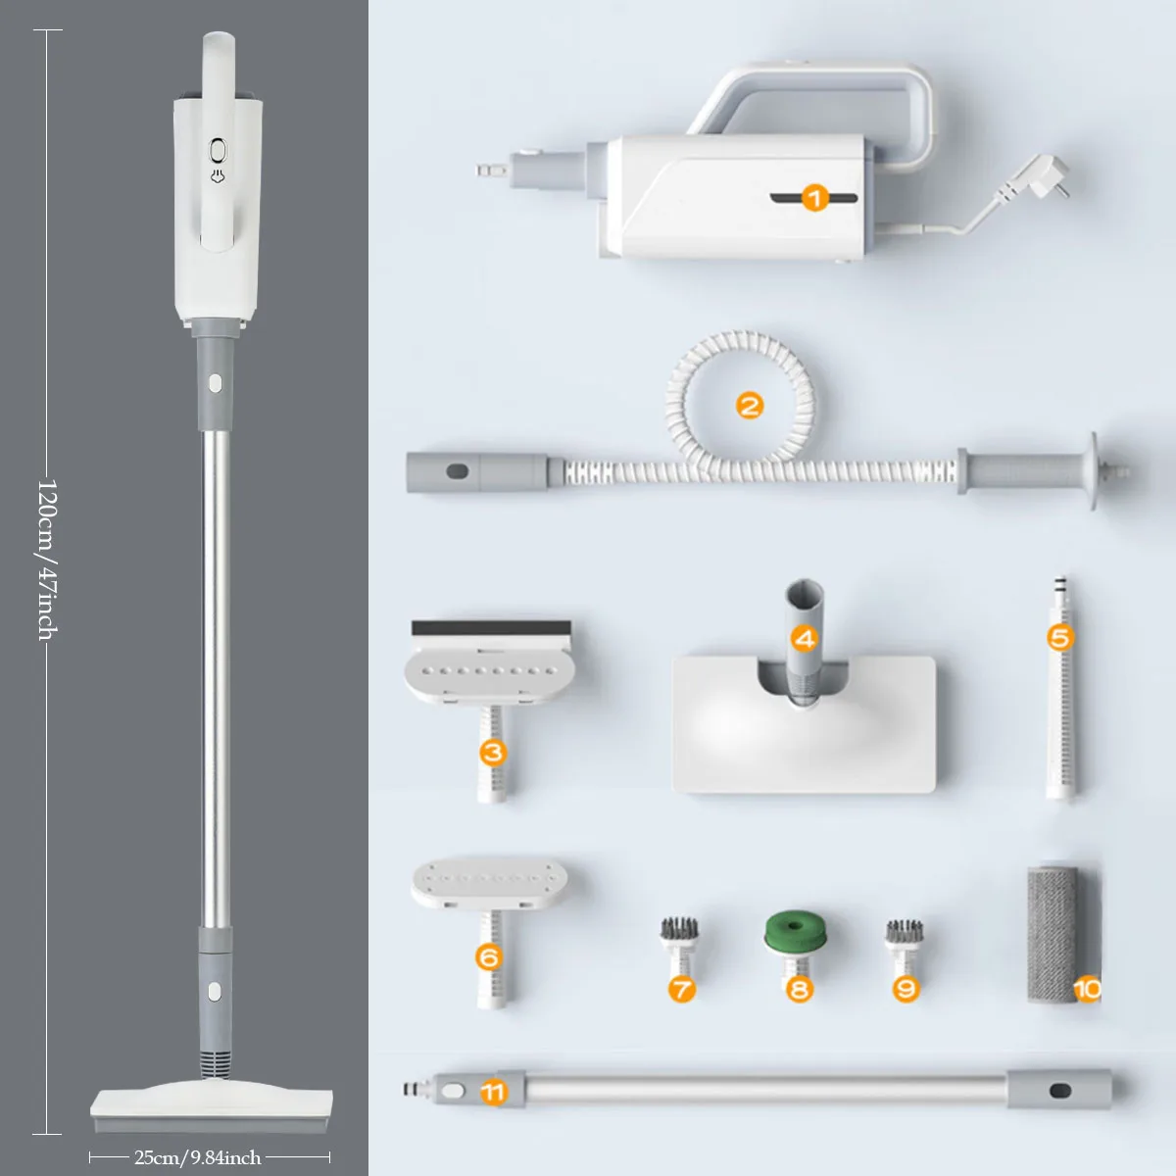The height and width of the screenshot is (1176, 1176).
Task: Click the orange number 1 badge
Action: (815, 199)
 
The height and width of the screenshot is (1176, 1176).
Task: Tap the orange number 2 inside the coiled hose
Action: (750, 404)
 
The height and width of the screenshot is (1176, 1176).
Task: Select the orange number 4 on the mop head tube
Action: (804, 640)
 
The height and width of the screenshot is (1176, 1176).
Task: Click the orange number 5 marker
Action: (1059, 638)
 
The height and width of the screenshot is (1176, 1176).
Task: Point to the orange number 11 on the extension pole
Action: (494, 1091)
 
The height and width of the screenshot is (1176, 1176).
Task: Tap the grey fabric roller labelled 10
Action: (1051, 931)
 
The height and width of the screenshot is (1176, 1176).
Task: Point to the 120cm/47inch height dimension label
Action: (47, 559)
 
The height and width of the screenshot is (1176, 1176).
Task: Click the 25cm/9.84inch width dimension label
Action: (198, 1157)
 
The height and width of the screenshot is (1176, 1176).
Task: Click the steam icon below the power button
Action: (218, 177)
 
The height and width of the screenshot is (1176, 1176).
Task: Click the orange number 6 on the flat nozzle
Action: (489, 955)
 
